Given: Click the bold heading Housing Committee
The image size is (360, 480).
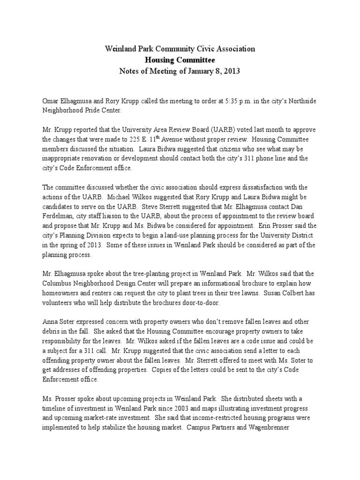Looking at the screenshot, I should tap(180, 60).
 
